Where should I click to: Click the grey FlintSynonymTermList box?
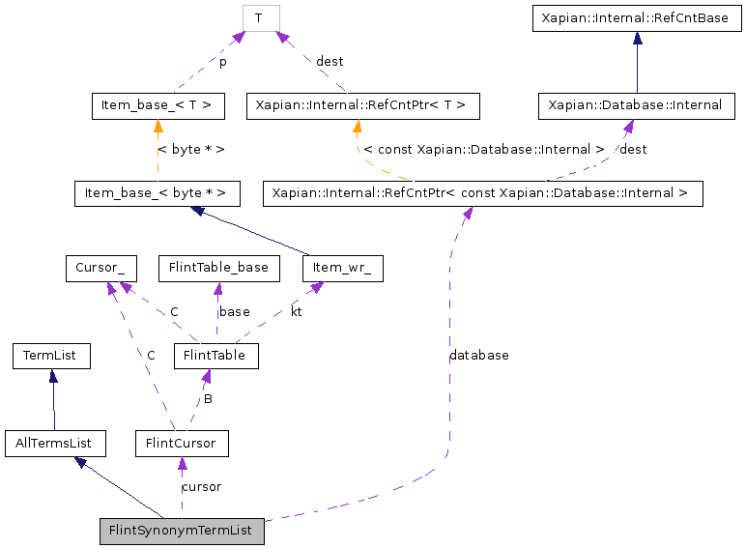(182, 531)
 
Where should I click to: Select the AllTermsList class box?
(54, 444)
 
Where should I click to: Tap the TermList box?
(51, 356)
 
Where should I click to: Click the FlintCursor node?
(182, 444)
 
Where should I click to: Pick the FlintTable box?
(215, 356)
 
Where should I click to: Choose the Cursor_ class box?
(100, 268)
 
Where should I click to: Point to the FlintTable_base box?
(218, 268)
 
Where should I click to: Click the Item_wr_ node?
(342, 268)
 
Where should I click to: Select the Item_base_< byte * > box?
(156, 192)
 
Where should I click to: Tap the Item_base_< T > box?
(158, 105)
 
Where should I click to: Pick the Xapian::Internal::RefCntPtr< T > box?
(362, 105)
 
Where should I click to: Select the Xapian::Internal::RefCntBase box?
(637, 17)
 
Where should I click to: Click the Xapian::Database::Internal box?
(635, 105)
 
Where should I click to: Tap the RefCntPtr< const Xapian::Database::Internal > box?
(481, 192)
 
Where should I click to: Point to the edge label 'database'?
(478, 356)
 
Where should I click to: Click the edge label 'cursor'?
(201, 487)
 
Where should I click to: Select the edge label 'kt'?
(296, 312)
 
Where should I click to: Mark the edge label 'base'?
(234, 312)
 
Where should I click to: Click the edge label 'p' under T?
(222, 62)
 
